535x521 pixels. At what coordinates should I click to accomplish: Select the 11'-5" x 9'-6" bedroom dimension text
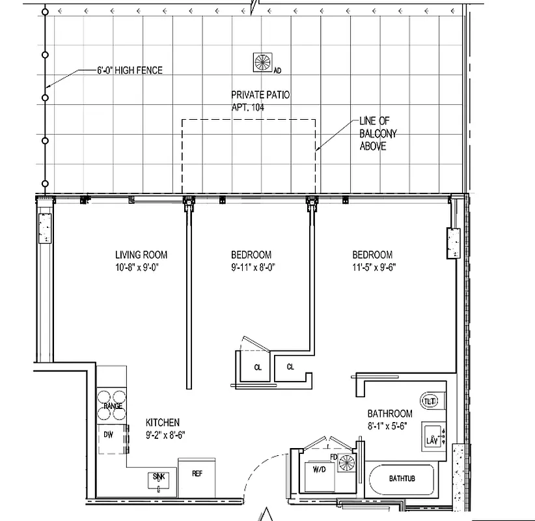point(374,266)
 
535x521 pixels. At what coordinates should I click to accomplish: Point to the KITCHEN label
point(162,423)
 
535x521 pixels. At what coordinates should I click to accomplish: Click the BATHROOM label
point(390,414)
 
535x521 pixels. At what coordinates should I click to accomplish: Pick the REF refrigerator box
point(197,474)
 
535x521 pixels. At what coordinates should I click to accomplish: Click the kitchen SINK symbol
point(159,480)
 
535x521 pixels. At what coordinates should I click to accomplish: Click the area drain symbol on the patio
point(263,62)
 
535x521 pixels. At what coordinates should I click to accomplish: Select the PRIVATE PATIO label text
point(260,95)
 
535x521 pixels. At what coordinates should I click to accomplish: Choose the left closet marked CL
point(258,367)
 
